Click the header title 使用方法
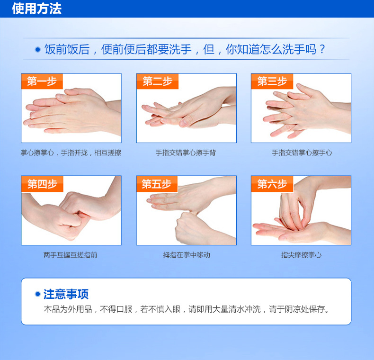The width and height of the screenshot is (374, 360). pyautogui.click(x=37, y=9)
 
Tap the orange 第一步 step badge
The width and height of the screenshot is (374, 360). pyautogui.click(x=42, y=81)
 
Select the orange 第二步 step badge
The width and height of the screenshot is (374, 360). pyautogui.click(x=158, y=81)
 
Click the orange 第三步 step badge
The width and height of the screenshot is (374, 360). pyautogui.click(x=272, y=81)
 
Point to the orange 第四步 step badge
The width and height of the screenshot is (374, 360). pyautogui.click(x=42, y=184)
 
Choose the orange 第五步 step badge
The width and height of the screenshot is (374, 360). pyautogui.click(x=157, y=184)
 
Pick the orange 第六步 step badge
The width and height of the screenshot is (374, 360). pyautogui.click(x=272, y=184)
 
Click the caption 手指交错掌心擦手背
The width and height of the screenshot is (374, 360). pyautogui.click(x=186, y=153)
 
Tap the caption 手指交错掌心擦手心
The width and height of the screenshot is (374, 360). pyautogui.click(x=302, y=153)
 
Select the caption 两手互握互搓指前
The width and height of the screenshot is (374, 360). pyautogui.click(x=71, y=255)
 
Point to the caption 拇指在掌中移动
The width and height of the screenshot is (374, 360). pyautogui.click(x=187, y=255)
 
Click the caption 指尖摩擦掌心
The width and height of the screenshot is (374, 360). pyautogui.click(x=301, y=255)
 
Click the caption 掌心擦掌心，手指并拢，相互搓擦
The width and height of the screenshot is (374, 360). pyautogui.click(x=71, y=153)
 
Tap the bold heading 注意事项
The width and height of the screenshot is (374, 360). pyautogui.click(x=66, y=294)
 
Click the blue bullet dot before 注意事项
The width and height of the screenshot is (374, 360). pyautogui.click(x=37, y=294)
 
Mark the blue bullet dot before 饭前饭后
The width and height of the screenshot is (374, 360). pyautogui.click(x=38, y=49)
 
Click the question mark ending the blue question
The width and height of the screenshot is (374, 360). pyautogui.click(x=322, y=49)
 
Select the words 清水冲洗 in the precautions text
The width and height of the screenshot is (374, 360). pyautogui.click(x=244, y=309)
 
